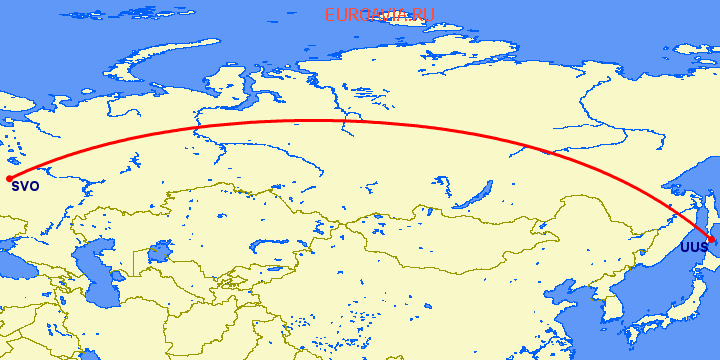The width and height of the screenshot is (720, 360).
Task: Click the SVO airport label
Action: coord(25,185)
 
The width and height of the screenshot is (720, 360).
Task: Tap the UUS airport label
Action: coord(693,247)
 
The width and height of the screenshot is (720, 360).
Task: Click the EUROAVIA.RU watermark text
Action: coord(379,16)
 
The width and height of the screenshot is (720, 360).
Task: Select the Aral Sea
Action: coord(157,254)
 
